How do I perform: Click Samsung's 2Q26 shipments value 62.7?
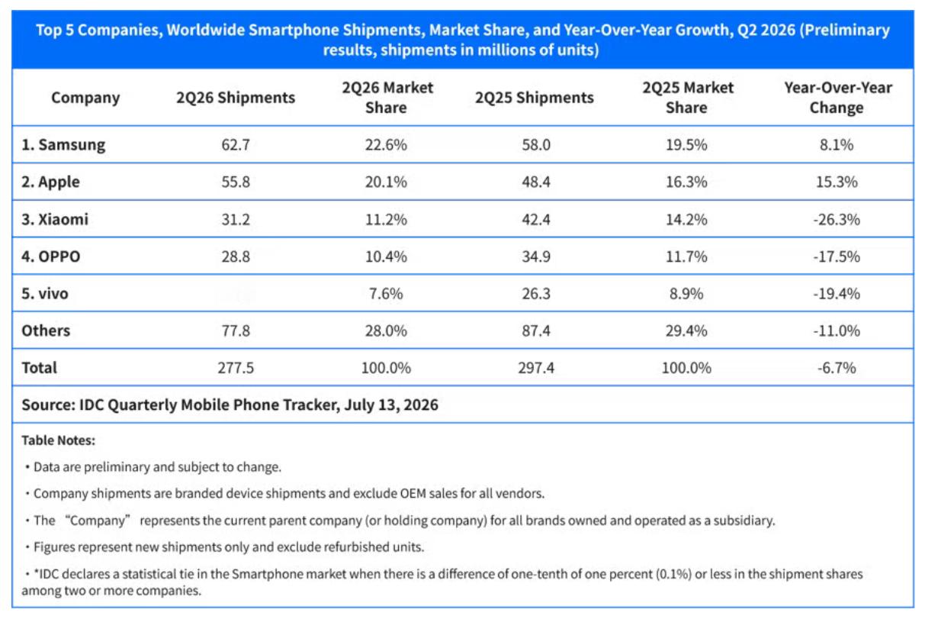point(236,144)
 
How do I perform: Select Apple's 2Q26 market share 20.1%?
point(386,182)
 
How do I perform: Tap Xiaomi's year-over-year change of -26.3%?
point(837,219)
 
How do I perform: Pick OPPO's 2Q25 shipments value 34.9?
point(536,256)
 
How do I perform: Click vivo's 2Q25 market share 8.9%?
point(686,293)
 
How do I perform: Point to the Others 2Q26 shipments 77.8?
point(236,330)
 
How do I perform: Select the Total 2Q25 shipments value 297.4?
point(536,367)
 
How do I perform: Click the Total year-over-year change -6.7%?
point(837,367)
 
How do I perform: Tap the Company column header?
point(85,98)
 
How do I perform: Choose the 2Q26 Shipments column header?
point(236,98)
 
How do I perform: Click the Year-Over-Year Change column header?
point(838,98)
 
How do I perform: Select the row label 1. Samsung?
point(63,145)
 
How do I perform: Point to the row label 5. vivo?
point(44,293)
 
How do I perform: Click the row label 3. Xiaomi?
point(55,219)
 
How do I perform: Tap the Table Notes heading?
point(58,440)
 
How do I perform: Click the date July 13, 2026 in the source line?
point(391,405)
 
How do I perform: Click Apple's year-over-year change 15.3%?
point(837,182)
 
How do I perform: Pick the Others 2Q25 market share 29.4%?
point(686,330)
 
